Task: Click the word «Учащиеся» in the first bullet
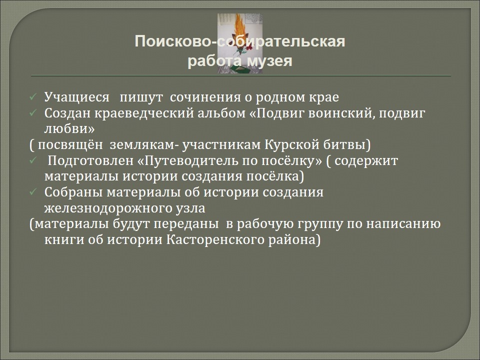point(76,97)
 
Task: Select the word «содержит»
point(366,161)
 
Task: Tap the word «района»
point(291,240)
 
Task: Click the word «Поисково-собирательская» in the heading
point(240,41)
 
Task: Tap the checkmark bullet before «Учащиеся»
point(33,97)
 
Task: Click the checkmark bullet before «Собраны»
point(33,192)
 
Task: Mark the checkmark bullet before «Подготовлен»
point(33,161)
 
